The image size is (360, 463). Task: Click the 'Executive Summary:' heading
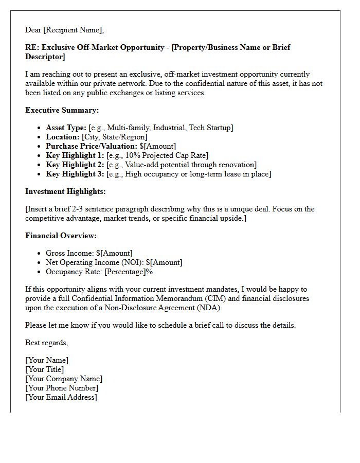point(62,110)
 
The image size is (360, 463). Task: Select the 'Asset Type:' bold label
point(66,128)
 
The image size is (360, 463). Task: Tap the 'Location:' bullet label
point(63,137)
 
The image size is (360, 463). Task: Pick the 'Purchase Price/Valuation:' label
point(92,146)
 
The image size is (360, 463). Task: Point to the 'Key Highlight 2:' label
point(75,165)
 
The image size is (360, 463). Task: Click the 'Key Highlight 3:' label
point(75,174)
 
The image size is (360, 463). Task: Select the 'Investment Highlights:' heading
point(65,191)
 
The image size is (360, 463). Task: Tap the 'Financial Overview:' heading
point(61,236)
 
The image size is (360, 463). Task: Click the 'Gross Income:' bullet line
point(89,253)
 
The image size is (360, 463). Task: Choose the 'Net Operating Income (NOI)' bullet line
point(114,262)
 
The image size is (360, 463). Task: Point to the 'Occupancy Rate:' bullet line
point(99,272)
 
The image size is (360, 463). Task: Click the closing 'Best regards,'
point(46,343)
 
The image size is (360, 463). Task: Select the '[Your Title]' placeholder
point(44,369)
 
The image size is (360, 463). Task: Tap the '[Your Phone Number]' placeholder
point(61,388)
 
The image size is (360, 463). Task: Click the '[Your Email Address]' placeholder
point(61,397)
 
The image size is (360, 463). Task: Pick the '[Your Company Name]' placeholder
point(63,379)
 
